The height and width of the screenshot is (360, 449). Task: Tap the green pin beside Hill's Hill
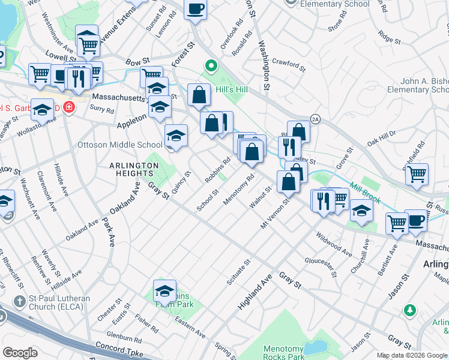211,66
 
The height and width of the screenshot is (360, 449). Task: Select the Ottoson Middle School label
120,145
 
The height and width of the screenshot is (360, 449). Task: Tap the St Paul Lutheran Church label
53,303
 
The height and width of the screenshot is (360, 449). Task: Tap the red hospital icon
70,108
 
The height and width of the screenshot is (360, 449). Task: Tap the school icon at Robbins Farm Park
164,292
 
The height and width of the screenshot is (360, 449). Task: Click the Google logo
20,353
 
